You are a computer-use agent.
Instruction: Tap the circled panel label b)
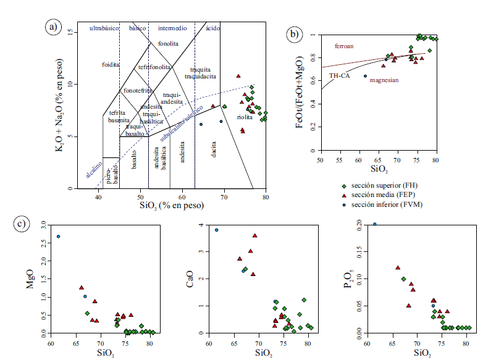[296, 35]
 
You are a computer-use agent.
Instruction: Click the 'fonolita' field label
[168, 44]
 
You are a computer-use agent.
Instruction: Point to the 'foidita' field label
[111, 64]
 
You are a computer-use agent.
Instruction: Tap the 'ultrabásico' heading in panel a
[103, 28]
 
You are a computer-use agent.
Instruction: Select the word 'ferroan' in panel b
[345, 46]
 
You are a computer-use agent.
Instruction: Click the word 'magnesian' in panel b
[384, 80]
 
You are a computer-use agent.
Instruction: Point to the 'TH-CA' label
[339, 75]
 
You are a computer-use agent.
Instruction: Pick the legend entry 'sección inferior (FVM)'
[388, 204]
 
